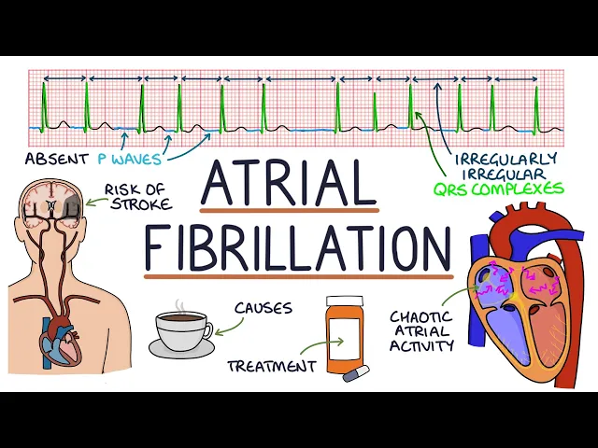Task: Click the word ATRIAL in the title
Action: pyautogui.click(x=289, y=185)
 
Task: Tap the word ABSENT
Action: pyautogui.click(x=55, y=159)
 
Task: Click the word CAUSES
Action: pyautogui.click(x=263, y=307)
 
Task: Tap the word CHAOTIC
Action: pyautogui.click(x=422, y=316)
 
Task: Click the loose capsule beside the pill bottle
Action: pyautogui.click(x=356, y=373)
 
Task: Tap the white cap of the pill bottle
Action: pyautogui.click(x=342, y=304)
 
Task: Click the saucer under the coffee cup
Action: pyautogui.click(x=183, y=347)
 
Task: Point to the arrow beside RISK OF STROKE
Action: pyautogui.click(x=93, y=199)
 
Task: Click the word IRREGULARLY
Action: pyautogui.click(x=505, y=158)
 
